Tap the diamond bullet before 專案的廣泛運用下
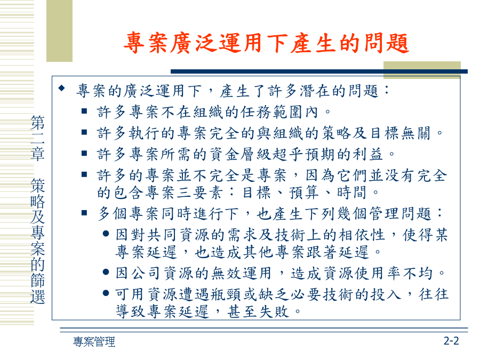coord(62,89)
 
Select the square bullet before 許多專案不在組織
coord(84,111)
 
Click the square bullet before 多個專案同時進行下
coord(84,212)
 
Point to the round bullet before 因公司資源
coord(106,272)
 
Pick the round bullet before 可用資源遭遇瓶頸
coord(106,293)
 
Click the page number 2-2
coord(452,341)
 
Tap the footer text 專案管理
coord(94,342)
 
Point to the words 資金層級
coord(241,154)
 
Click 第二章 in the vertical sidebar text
coord(38,138)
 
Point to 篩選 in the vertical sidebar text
coord(38,289)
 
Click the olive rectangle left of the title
coord(59,30)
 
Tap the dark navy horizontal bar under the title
coord(319,71)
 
